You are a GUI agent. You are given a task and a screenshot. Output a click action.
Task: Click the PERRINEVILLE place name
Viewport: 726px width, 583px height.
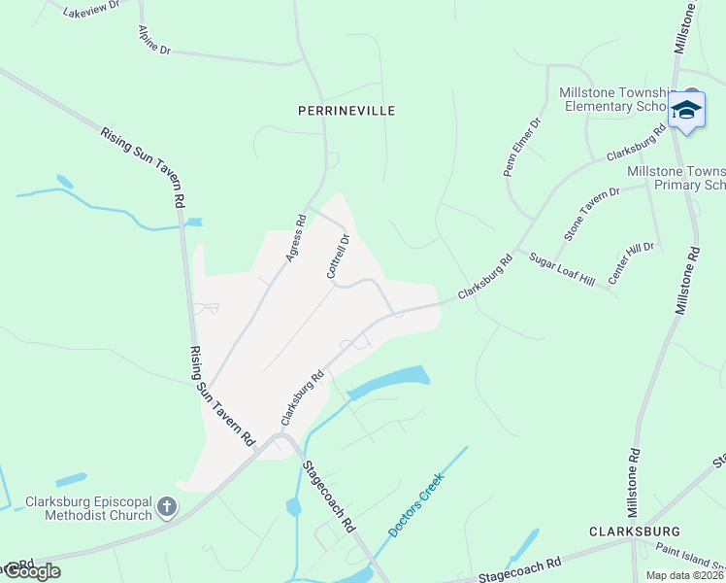click(346, 111)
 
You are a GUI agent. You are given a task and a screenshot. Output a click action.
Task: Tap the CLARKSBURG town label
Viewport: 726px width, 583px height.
click(635, 532)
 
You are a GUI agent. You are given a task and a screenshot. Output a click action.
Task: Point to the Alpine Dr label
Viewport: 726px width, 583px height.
click(154, 40)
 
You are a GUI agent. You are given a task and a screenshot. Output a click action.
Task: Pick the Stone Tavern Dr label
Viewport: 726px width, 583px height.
click(591, 215)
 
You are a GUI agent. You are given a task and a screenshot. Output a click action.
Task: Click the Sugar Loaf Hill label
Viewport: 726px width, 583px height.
click(561, 269)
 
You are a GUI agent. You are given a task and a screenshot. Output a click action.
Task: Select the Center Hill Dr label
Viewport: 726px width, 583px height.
click(631, 263)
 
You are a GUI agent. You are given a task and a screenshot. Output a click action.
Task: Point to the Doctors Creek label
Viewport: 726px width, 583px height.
click(415, 505)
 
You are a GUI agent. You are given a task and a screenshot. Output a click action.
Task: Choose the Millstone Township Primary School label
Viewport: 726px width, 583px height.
click(676, 178)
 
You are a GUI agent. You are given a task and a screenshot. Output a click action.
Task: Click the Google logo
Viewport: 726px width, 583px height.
click(31, 571)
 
